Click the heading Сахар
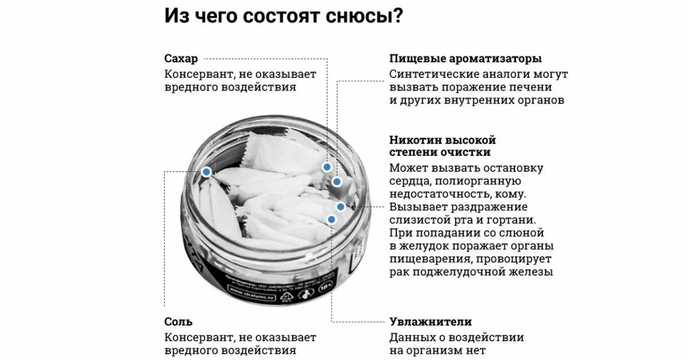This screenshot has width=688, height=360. coord(181,58)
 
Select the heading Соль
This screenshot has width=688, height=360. coord(179,322)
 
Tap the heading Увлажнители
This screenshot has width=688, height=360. coord(431,322)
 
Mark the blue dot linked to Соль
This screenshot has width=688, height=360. coord(206,171)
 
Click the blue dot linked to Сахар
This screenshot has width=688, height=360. coord(327,167)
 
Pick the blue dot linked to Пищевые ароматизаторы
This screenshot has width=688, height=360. coord(337,182)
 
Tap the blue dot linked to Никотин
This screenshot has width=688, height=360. coord(341,206)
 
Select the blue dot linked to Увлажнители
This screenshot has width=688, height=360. coord(331,219)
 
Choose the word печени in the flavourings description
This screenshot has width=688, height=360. coord(533,87)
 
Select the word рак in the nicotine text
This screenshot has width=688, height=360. coord(399,272)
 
